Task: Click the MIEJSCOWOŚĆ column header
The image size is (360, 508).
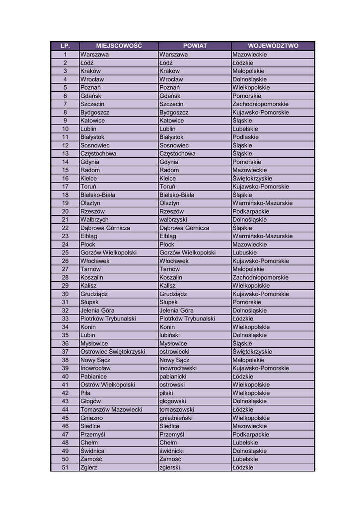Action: [119, 46]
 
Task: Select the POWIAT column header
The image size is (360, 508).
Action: [195, 46]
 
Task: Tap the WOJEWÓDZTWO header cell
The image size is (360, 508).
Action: [273, 46]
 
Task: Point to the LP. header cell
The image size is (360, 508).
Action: [65, 46]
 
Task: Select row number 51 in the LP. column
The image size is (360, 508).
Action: [65, 467]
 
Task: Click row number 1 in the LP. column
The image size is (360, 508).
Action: [65, 55]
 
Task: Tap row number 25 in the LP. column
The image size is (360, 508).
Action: [65, 253]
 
